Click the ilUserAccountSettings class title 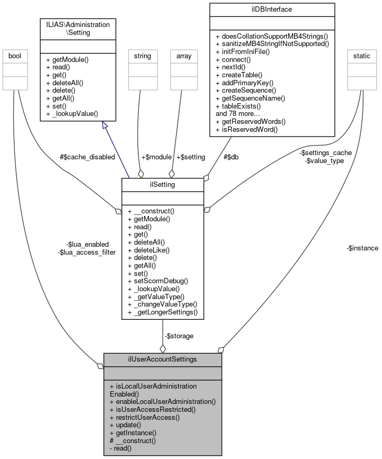coord(163,359)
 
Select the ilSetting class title coord(163,184)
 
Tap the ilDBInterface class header coord(272,9)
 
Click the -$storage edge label coord(179,336)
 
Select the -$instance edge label coord(362,248)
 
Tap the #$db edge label coord(231,157)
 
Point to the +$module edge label coord(156,157)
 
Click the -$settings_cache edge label coord(325,152)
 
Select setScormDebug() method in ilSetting coord(158,281)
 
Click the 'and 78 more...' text coord(238,113)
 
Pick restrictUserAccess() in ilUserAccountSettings coord(145,417)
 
